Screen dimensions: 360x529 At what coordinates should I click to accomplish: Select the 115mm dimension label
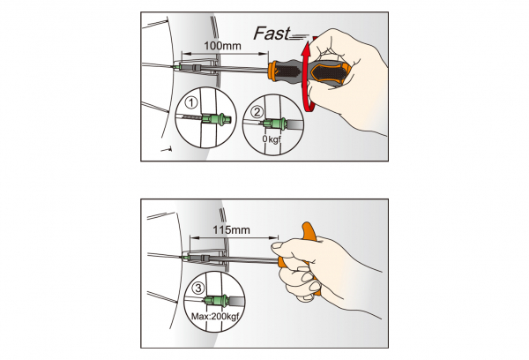coord(232,231)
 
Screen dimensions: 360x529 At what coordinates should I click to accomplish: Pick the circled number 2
coord(257,111)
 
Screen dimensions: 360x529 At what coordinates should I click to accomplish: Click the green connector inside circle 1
coord(211,118)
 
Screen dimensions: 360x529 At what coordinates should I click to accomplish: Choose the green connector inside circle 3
coord(218,299)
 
